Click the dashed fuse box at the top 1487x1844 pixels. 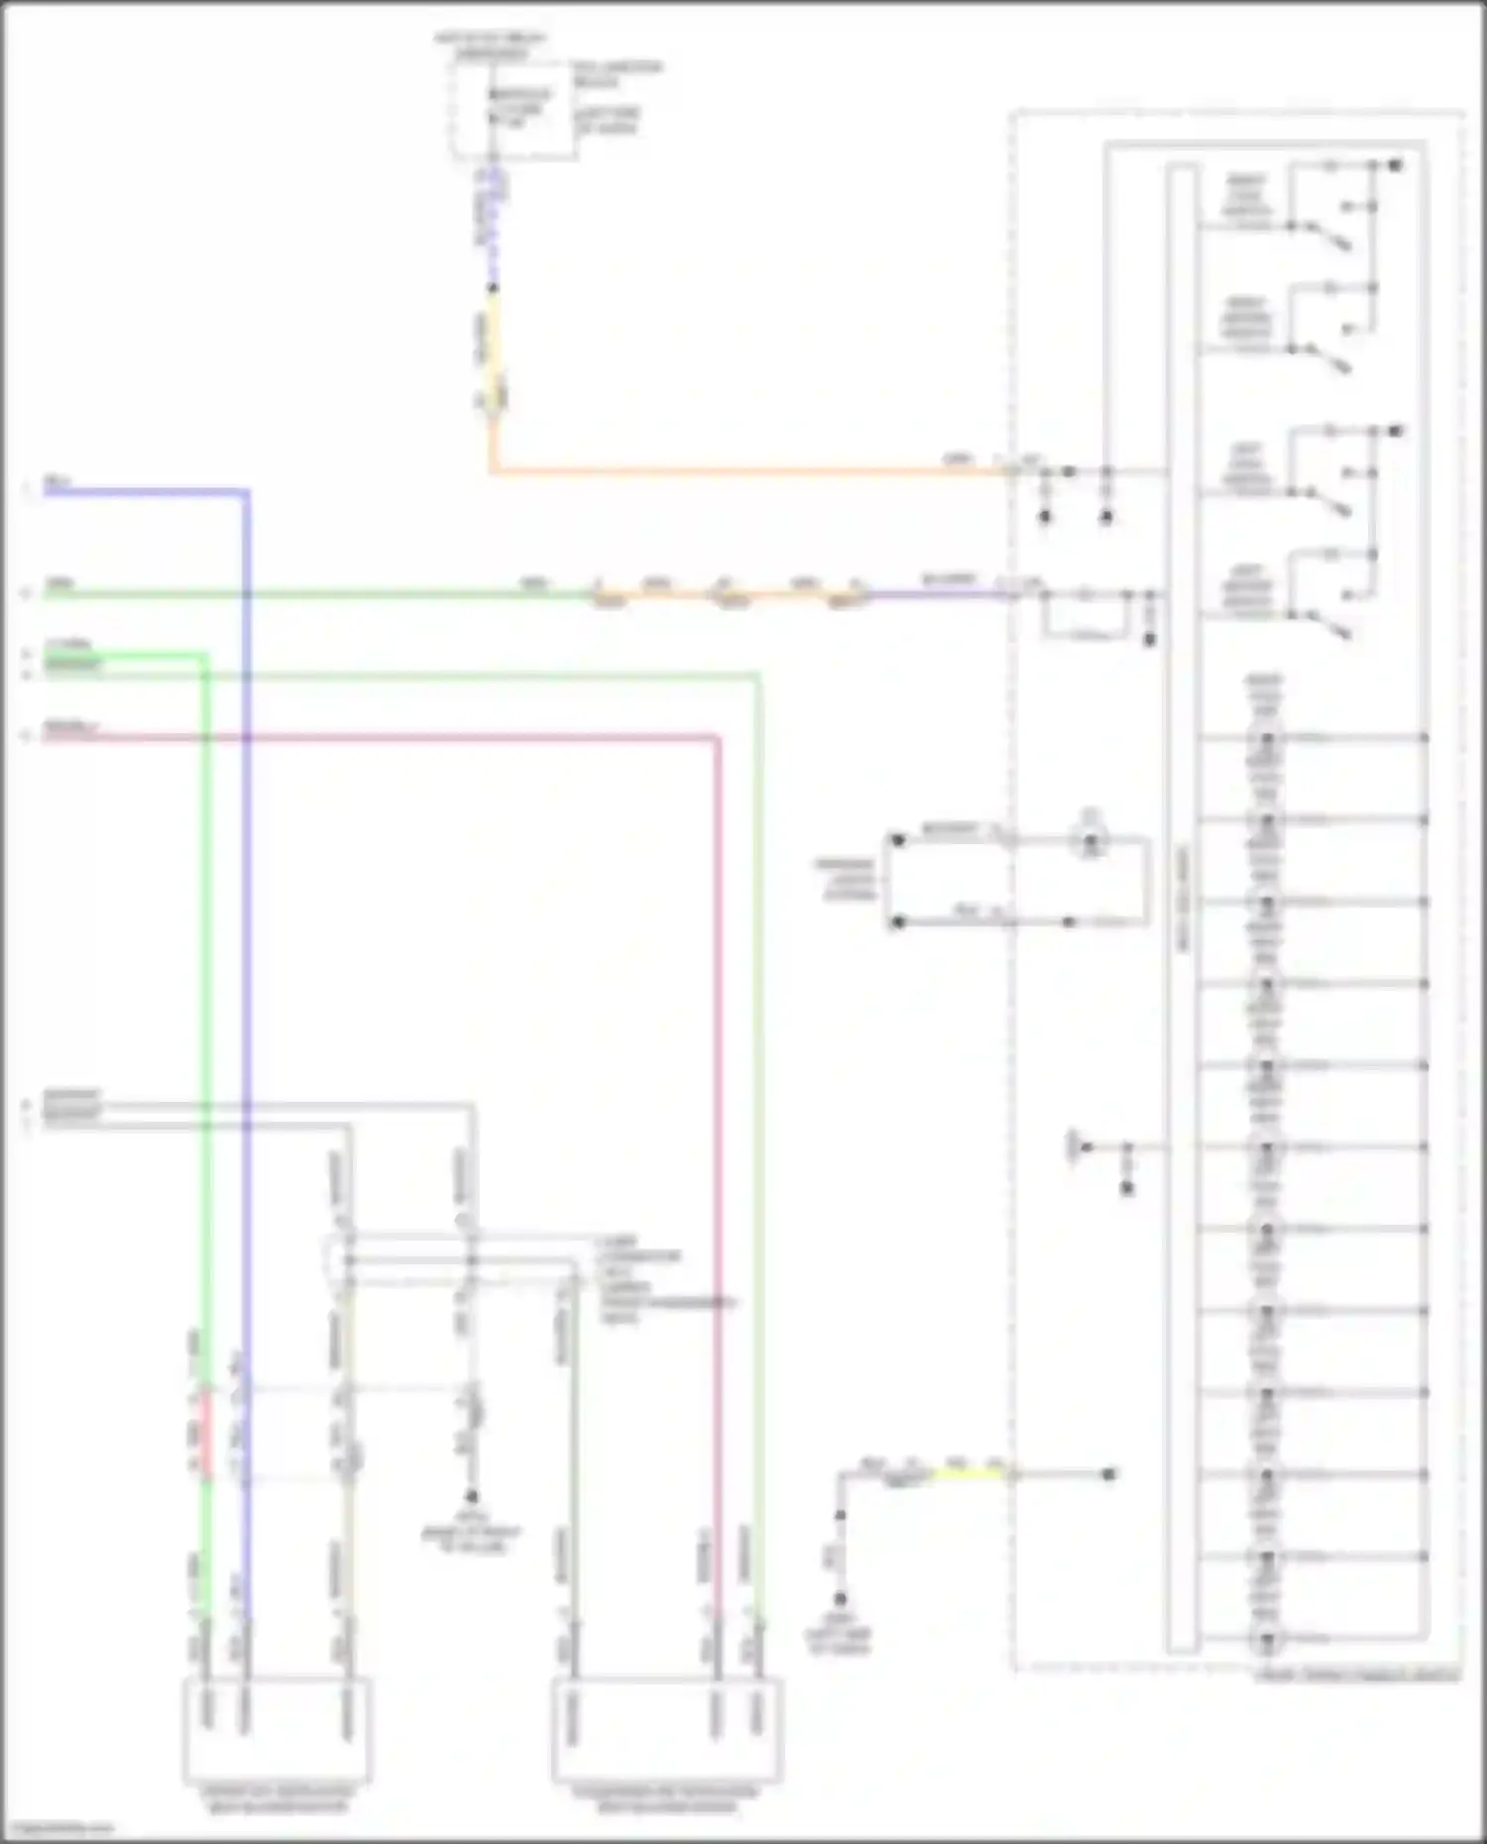514,109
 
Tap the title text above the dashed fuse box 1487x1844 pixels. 490,45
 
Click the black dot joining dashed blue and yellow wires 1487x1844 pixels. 494,288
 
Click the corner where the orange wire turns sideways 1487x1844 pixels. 491,471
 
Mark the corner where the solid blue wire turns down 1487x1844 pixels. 247,490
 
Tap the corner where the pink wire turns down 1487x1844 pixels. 717,737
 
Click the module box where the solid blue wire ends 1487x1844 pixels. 278,1729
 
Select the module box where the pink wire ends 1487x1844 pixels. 667,1729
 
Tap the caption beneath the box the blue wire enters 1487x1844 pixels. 277,1799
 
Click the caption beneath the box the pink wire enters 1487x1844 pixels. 666,1799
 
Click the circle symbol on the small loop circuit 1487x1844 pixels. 1091,841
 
